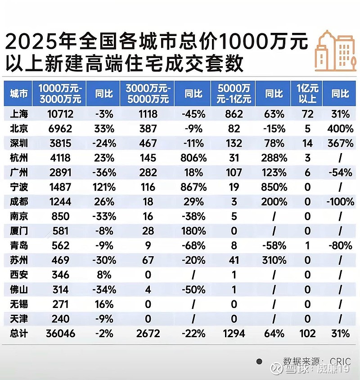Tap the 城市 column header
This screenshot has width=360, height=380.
pos(19,94)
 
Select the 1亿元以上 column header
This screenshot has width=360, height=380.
pos(308,94)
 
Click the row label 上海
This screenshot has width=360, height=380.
pos(19,114)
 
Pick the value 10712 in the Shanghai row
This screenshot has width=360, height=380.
pos(60,114)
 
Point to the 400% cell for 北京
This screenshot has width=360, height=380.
pos(341,129)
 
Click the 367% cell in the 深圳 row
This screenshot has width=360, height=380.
pos(341,144)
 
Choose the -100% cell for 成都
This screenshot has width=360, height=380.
pos(341,202)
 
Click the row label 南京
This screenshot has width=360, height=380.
pos(19,216)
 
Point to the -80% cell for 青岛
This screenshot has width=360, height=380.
pos(341,245)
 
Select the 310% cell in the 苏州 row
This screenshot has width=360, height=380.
pos(274,260)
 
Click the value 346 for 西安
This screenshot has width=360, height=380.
pos(60,275)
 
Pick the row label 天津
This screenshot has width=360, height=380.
pos(19,318)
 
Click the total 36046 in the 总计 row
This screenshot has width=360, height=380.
pos(60,333)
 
